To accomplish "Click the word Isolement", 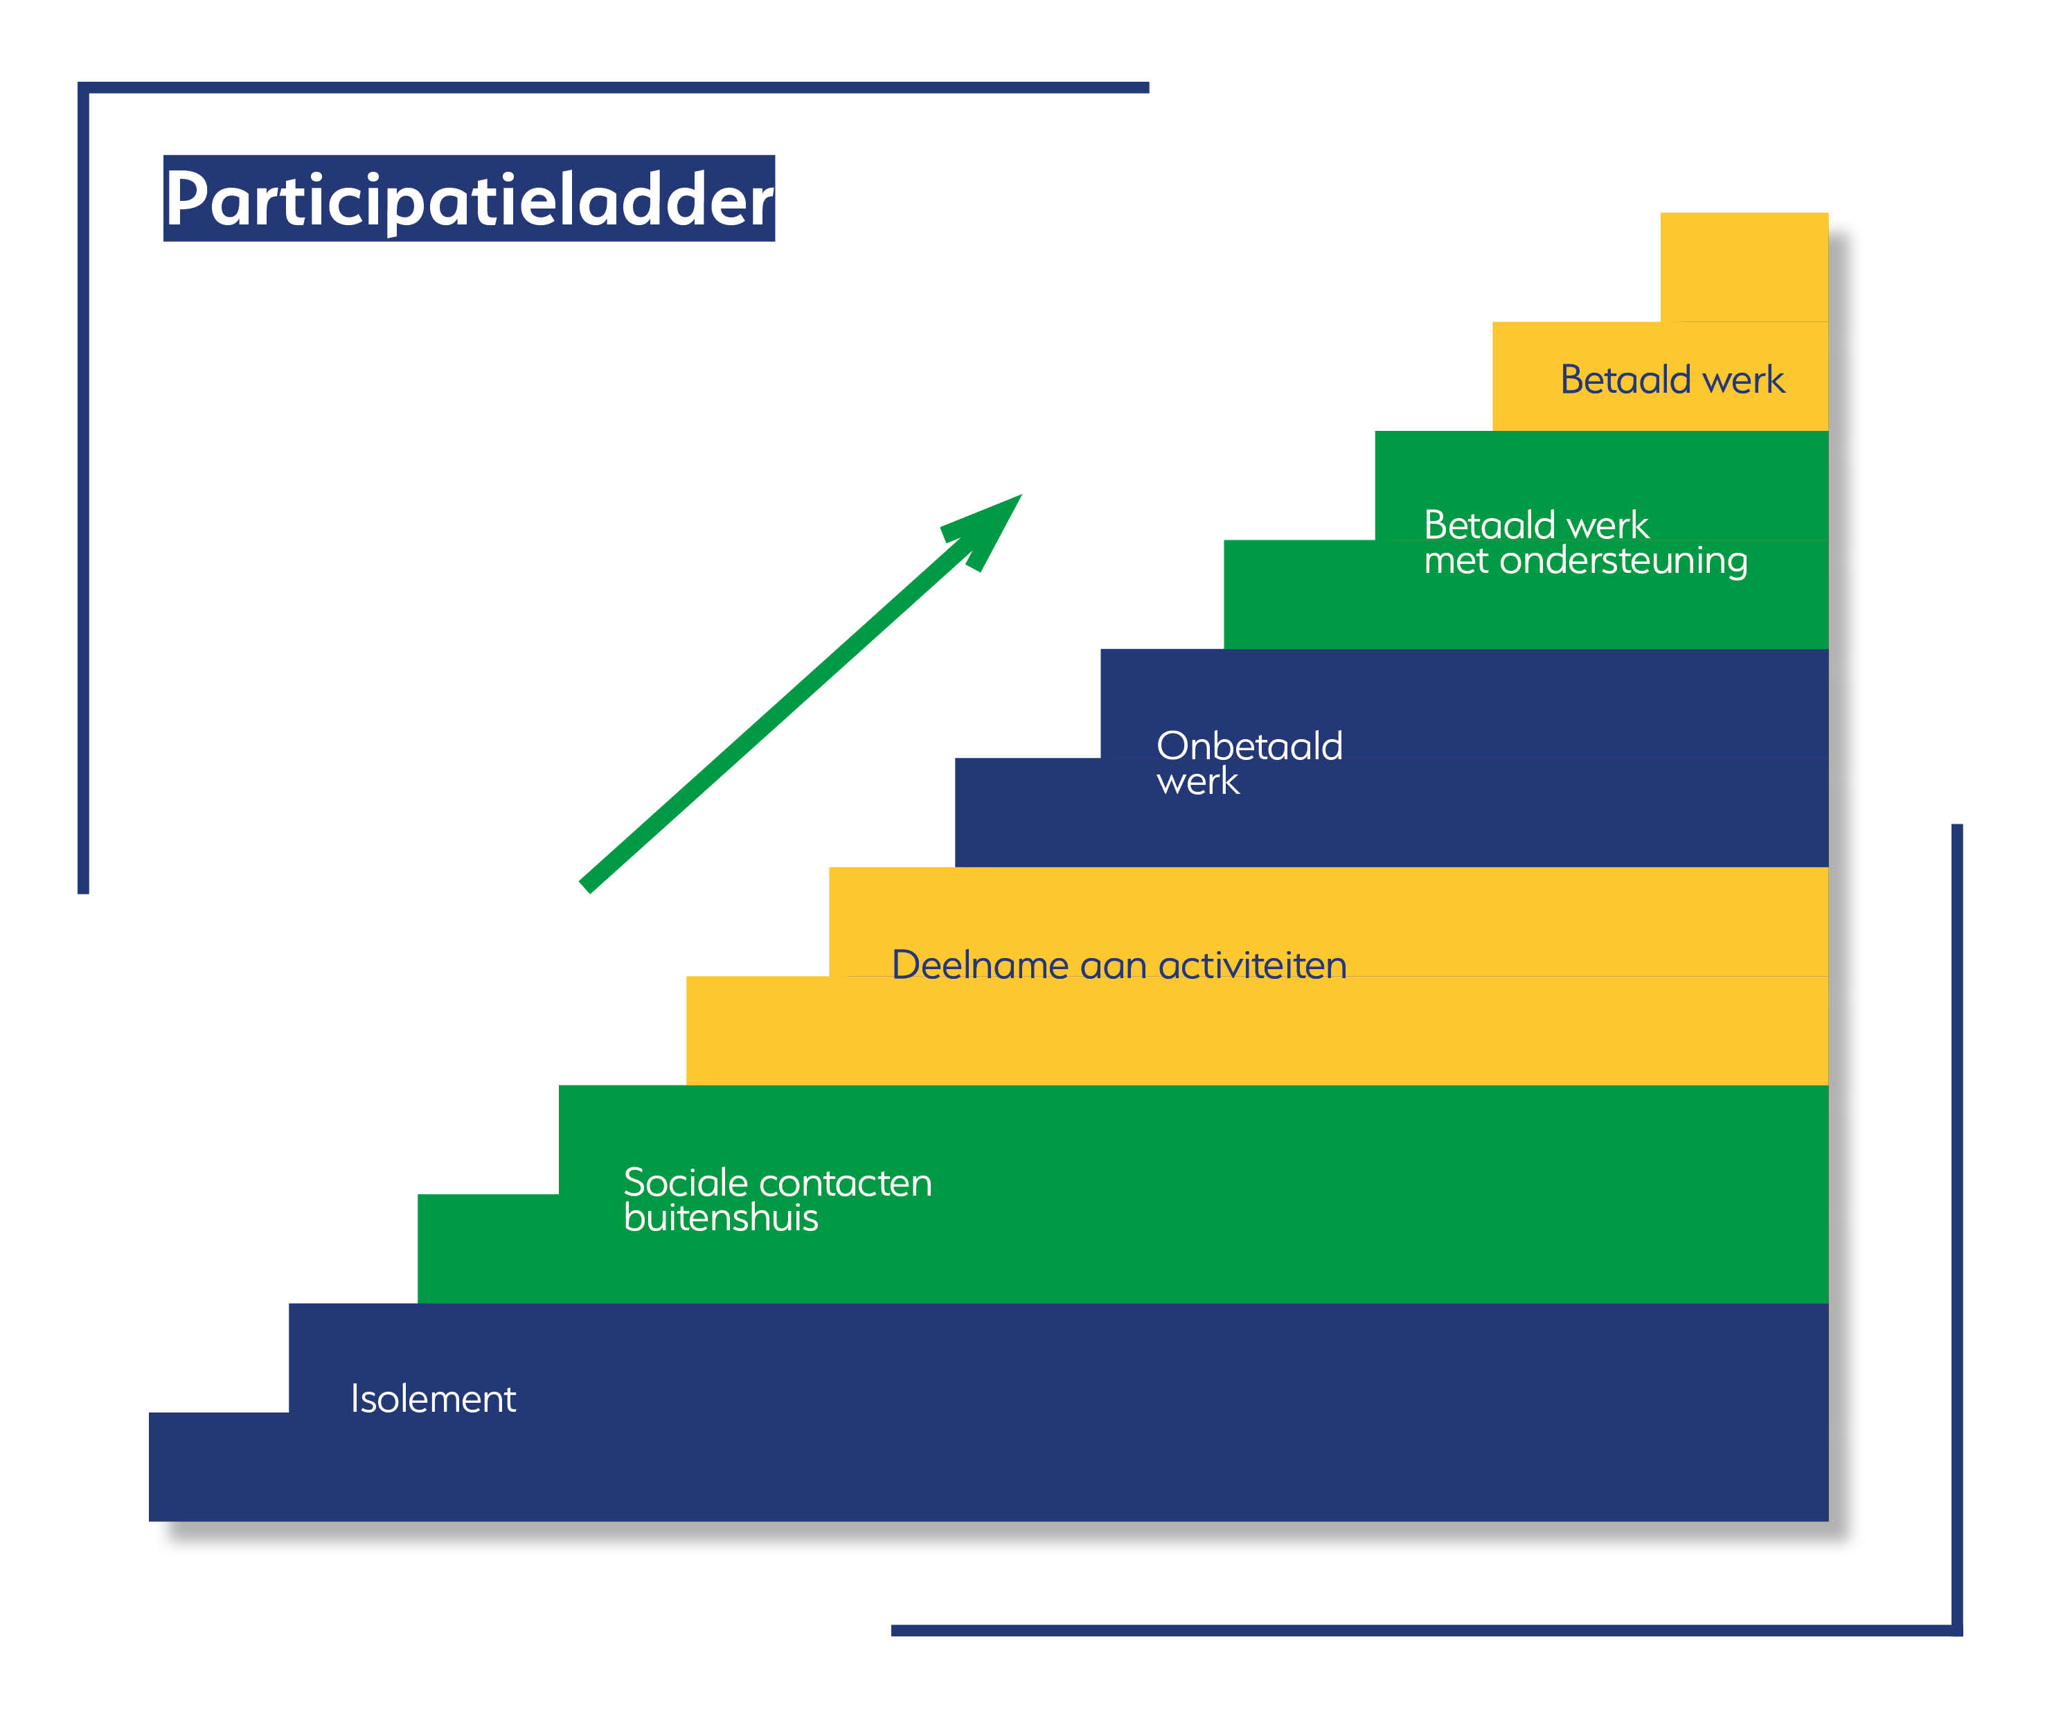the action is [x=434, y=1399].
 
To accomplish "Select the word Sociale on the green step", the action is [x=686, y=1183].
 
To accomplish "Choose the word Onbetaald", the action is [x=1249, y=746].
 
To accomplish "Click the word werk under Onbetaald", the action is [x=1198, y=782].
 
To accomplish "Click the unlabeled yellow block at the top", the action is [x=1744, y=267].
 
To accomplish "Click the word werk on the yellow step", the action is [x=1743, y=380].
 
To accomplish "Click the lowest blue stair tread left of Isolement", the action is [x=219, y=1413].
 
